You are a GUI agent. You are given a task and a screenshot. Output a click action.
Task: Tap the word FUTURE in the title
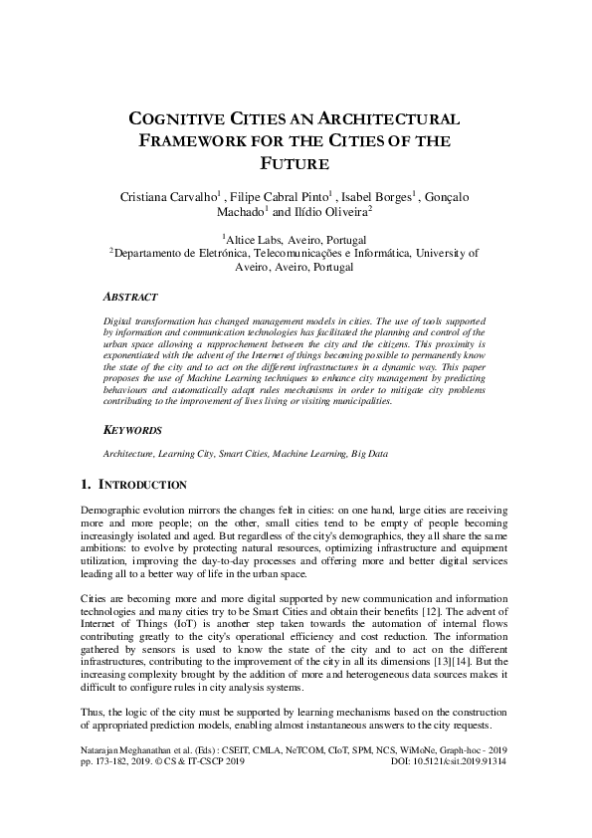click(x=295, y=163)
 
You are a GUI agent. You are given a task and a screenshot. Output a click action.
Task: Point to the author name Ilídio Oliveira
click(x=330, y=211)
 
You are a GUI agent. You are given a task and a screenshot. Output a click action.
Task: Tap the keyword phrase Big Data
click(x=369, y=453)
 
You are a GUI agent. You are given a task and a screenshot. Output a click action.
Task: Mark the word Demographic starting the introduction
click(x=111, y=509)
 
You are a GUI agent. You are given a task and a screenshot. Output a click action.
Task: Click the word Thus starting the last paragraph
click(x=92, y=713)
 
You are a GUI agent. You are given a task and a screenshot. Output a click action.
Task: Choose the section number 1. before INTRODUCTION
click(x=86, y=485)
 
